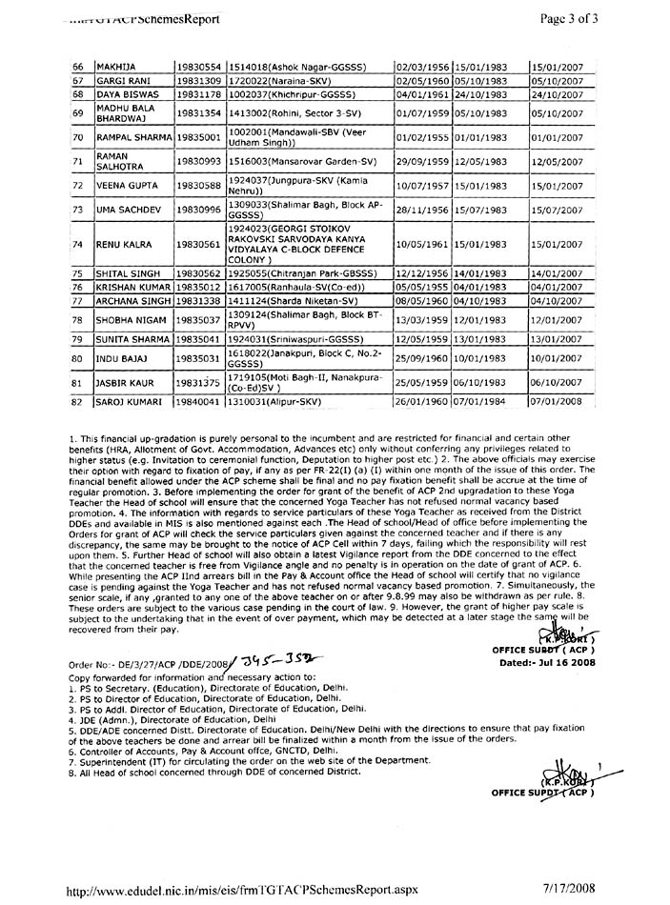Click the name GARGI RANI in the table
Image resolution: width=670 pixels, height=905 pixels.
tap(120, 82)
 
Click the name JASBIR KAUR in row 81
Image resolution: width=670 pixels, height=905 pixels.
tap(119, 384)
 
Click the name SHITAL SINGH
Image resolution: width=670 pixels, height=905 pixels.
tap(123, 273)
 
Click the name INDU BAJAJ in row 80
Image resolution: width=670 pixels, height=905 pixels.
tap(117, 358)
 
